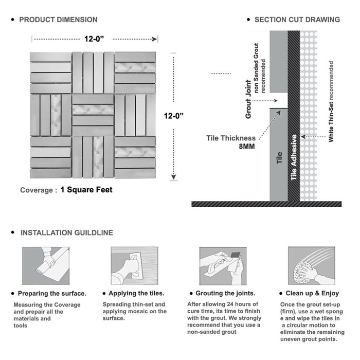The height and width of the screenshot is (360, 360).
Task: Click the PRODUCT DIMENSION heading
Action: (x=58, y=20)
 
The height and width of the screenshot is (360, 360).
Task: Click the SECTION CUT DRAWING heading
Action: (x=297, y=20)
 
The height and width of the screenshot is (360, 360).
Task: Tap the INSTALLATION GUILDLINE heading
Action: (x=66, y=233)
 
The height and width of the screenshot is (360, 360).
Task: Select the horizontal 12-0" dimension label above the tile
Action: (x=94, y=38)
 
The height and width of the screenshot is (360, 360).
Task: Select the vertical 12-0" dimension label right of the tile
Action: (x=174, y=116)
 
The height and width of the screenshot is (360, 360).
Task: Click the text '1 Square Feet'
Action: (x=86, y=190)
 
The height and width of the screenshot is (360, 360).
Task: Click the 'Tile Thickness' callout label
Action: (x=230, y=138)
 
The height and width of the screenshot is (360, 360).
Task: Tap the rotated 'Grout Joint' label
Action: (x=248, y=99)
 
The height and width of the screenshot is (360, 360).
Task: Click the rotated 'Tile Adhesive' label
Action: (x=294, y=157)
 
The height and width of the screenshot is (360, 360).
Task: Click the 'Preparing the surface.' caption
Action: (x=52, y=294)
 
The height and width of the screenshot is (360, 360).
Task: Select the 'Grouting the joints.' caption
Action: (x=225, y=294)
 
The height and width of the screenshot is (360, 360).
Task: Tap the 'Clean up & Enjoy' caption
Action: (x=312, y=294)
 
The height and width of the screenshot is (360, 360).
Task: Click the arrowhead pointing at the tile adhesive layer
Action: (x=302, y=137)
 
